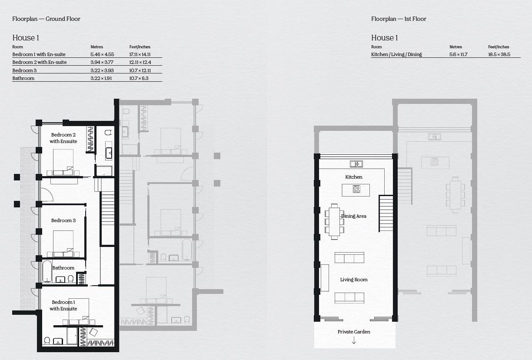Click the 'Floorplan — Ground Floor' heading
[x=46, y=19]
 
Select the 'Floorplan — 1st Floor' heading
[x=399, y=19]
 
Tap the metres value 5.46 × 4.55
[x=102, y=54]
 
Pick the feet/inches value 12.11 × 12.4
[x=140, y=62]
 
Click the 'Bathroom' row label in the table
[x=23, y=78]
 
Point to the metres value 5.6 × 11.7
[x=458, y=54]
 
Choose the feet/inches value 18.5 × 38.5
[x=499, y=54]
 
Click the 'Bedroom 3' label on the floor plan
[x=63, y=220]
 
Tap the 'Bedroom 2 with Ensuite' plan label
[x=63, y=138]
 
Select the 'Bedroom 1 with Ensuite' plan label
[x=63, y=305]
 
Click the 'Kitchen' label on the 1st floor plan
[x=353, y=177]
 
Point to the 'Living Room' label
[x=354, y=280]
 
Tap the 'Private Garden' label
[x=354, y=332]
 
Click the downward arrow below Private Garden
[x=354, y=341]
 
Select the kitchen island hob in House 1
[x=356, y=189]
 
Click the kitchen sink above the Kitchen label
[x=356, y=164]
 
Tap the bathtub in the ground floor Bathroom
[x=47, y=272]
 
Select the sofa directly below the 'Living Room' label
[x=349, y=298]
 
